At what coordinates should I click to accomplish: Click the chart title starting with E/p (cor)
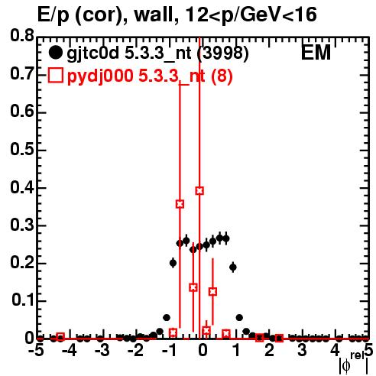177,15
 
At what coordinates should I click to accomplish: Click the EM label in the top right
316,53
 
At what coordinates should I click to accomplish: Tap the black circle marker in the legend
55,53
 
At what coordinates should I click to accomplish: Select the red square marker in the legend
55,76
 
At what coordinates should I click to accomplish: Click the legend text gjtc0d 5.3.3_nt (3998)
157,53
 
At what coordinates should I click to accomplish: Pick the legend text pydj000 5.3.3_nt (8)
150,76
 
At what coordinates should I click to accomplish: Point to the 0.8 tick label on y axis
22,36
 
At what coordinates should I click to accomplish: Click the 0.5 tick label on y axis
22,150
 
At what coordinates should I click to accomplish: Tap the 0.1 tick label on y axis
23,300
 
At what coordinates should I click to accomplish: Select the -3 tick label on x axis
102,351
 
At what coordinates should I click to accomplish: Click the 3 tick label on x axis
302,351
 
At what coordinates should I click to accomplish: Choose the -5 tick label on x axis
36,351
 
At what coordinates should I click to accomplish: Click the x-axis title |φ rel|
354,363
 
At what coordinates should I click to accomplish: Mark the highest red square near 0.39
199,190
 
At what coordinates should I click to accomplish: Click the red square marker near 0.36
180,204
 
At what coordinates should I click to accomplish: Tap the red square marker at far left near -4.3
60,337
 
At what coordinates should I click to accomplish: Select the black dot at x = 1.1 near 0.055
239,318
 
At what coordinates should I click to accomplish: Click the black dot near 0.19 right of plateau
233,267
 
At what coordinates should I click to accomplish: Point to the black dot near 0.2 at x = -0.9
173,263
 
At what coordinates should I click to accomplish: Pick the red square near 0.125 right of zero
212,292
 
